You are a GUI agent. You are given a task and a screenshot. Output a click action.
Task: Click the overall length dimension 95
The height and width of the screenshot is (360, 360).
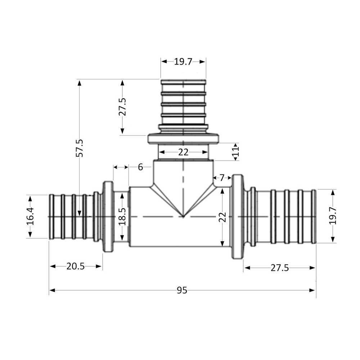tap(182, 291)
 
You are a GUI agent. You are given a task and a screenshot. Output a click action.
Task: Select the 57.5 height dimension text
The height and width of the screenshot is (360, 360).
tap(80, 148)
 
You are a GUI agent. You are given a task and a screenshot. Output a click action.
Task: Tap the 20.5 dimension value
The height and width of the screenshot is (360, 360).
tap(75, 266)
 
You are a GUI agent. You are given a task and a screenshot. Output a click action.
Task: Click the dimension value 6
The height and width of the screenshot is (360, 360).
tap(140, 167)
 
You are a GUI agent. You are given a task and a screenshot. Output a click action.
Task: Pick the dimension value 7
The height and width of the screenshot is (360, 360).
tap(222, 177)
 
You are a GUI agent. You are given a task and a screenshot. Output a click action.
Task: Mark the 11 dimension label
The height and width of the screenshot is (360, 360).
tap(236, 152)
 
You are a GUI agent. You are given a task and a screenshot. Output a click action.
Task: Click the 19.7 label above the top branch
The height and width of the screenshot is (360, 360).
tap(183, 62)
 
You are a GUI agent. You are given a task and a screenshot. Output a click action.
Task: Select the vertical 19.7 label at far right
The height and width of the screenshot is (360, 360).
tap(332, 216)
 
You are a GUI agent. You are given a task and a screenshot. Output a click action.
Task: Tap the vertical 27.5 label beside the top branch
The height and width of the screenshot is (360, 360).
tap(122, 107)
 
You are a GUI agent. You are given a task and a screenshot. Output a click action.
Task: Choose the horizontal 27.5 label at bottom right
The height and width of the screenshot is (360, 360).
tap(280, 268)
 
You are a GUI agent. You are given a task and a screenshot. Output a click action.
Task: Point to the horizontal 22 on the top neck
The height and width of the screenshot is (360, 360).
tap(183, 152)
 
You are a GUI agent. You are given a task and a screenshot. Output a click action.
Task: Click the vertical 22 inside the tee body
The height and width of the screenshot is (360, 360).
tap(223, 217)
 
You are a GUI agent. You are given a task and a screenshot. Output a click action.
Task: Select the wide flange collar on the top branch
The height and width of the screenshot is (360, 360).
tap(183, 139)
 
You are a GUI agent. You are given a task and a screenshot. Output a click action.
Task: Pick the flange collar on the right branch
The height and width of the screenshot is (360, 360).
tap(237, 217)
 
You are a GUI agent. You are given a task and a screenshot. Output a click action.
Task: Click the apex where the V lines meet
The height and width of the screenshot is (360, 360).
tap(183, 217)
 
